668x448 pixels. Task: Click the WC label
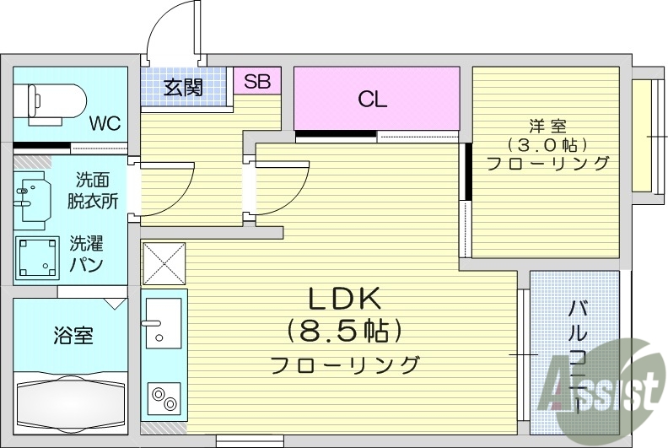click(105, 123)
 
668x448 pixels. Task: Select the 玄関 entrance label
click(183, 87)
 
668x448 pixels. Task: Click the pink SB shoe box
click(257, 82)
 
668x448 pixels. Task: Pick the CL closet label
click(372, 100)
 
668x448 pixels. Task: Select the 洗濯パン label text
click(86, 254)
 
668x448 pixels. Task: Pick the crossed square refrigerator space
click(164, 263)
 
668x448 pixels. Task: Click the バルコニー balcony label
click(577, 354)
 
